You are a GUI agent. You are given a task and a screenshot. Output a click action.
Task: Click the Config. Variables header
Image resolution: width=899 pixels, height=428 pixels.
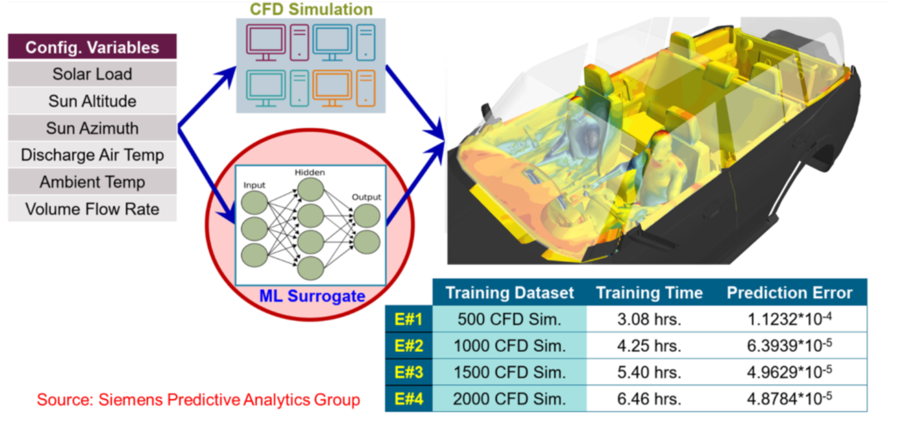coord(92,47)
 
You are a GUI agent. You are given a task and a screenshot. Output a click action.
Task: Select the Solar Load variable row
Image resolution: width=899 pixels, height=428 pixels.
coord(92,74)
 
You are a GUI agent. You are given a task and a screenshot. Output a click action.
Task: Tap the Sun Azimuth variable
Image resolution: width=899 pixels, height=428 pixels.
coord(92,128)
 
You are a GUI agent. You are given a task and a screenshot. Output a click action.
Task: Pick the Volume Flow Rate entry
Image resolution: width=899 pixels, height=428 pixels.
coord(92,208)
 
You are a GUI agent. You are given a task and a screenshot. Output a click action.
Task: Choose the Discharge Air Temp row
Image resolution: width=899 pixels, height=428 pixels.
coord(92,155)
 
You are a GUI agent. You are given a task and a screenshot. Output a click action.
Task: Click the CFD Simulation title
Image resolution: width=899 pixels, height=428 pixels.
coord(311,9)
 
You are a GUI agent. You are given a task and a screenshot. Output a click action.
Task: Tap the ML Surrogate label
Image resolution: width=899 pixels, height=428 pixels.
coord(312,296)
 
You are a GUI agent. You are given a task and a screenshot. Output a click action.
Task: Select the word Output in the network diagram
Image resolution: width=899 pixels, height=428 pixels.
coord(366,197)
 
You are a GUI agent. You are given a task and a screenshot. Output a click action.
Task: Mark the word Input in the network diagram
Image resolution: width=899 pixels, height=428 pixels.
coord(254,185)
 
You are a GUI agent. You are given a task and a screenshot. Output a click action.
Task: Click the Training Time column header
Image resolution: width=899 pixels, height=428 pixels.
coord(648,293)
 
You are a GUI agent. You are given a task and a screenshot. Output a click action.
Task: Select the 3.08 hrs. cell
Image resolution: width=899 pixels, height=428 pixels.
coord(648,320)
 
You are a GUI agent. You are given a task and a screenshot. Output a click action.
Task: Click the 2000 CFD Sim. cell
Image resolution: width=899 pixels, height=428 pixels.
coord(509,399)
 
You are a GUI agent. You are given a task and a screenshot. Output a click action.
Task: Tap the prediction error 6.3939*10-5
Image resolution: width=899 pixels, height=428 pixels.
coord(790,345)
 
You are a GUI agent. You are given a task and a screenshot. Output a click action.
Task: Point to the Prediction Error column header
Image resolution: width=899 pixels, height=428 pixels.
coord(790,293)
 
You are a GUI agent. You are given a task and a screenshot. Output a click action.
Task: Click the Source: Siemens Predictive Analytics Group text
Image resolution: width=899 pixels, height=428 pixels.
coord(198,400)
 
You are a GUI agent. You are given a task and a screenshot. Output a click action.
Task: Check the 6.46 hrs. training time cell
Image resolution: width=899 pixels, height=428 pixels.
coord(648,399)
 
